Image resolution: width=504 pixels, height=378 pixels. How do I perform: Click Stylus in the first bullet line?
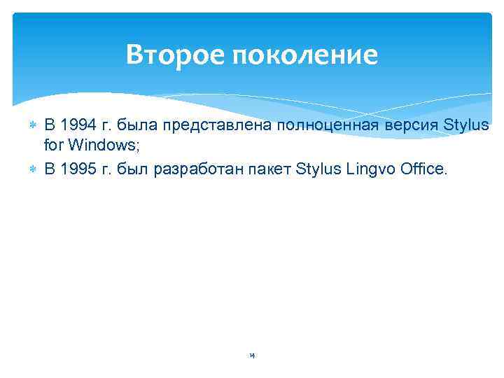pyautogui.click(x=467, y=125)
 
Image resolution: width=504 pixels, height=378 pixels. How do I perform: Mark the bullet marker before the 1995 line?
pyautogui.click(x=32, y=169)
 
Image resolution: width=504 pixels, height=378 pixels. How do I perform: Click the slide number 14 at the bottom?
pyautogui.click(x=252, y=356)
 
